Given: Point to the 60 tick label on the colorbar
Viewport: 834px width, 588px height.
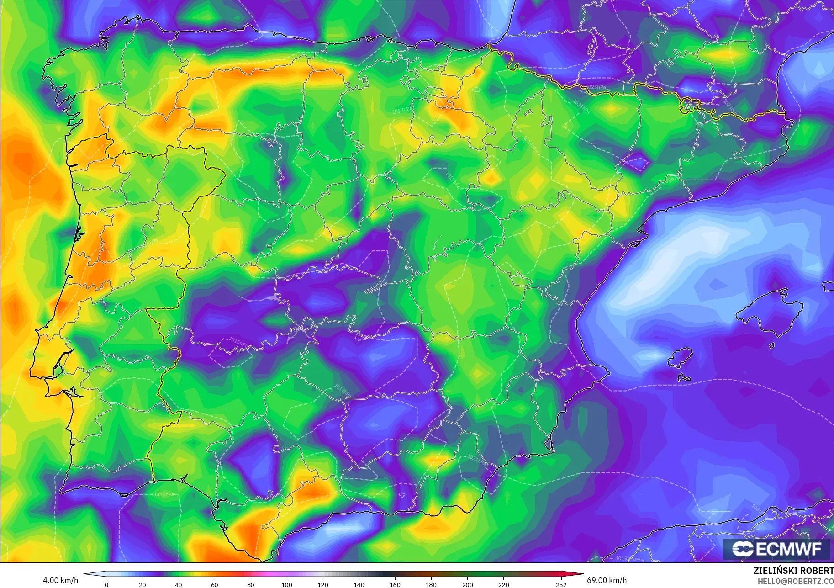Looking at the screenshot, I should [214, 584].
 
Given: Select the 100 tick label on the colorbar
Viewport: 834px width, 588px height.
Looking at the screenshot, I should [286, 584].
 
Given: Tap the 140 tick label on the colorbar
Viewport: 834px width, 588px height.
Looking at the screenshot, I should [359, 584].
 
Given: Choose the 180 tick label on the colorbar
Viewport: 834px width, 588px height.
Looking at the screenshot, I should [431, 584].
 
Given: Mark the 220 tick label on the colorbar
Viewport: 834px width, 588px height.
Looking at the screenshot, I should [503, 584].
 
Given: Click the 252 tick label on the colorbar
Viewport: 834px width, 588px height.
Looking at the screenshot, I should [561, 584].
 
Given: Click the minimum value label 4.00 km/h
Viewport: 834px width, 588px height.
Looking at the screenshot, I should [60, 580].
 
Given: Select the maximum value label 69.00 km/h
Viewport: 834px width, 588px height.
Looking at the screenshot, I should [607, 580].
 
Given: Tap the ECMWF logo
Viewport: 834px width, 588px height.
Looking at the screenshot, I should [776, 549].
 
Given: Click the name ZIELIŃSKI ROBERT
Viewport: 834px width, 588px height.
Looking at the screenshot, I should [793, 571].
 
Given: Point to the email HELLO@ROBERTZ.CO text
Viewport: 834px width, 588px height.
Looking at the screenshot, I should [795, 582].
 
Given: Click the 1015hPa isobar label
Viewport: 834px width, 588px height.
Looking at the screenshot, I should [238, 341].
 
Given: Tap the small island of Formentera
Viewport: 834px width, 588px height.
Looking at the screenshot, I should [684, 378].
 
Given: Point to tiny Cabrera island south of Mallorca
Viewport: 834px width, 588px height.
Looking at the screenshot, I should [771, 345].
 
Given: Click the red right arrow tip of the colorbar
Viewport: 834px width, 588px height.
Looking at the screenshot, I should [582, 574].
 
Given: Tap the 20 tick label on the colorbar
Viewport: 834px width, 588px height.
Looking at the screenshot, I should [142, 584].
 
